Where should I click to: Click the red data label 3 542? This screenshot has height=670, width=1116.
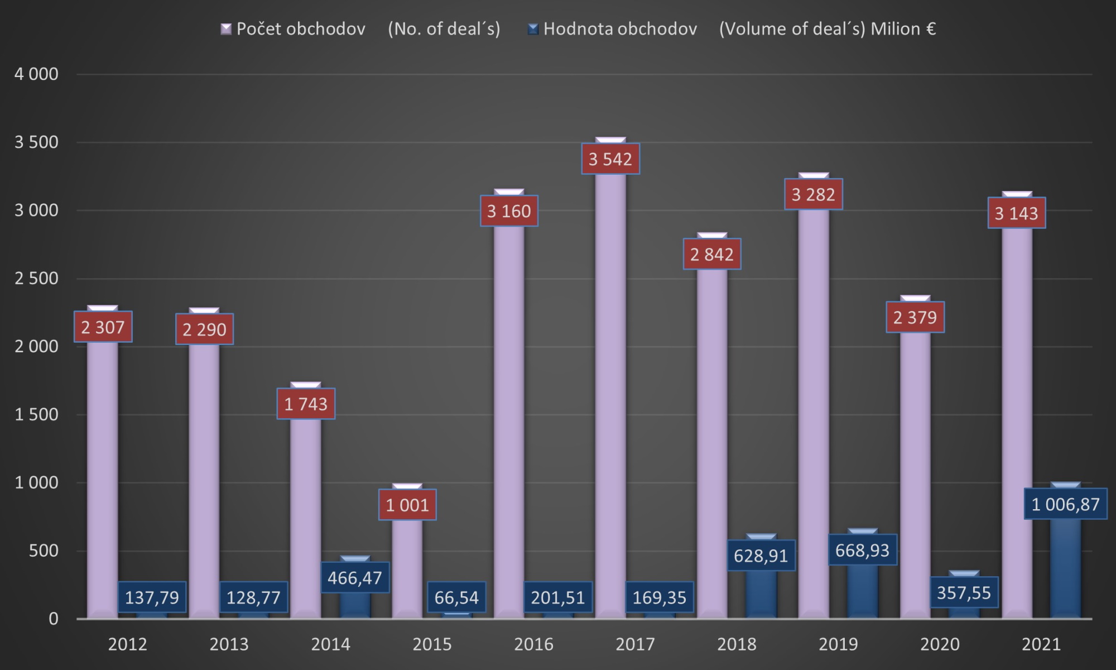pos(610,159)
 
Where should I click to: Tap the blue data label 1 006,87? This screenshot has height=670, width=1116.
pos(1065,504)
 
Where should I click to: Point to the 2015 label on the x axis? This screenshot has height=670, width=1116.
pos(432,644)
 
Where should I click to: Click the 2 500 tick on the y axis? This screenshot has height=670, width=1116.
pos(36,279)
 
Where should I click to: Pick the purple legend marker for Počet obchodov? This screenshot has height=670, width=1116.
pos(226,29)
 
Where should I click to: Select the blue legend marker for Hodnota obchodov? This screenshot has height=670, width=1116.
pos(533,29)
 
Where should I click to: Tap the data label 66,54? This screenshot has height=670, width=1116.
pos(456,597)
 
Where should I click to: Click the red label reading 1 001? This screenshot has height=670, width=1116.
pos(407,505)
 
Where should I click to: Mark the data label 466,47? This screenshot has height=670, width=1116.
pos(355,577)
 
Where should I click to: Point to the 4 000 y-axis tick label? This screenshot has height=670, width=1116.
pos(36,74)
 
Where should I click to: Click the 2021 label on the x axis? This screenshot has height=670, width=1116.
pos(1041,644)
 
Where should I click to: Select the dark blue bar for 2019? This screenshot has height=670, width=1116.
pos(863,592)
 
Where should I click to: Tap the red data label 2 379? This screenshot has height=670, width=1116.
pos(915,317)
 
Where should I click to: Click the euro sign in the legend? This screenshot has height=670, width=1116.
pos(930,29)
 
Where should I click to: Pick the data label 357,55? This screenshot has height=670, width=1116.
pos(964,592)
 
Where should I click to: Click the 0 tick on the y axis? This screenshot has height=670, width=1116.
pos(54,619)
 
